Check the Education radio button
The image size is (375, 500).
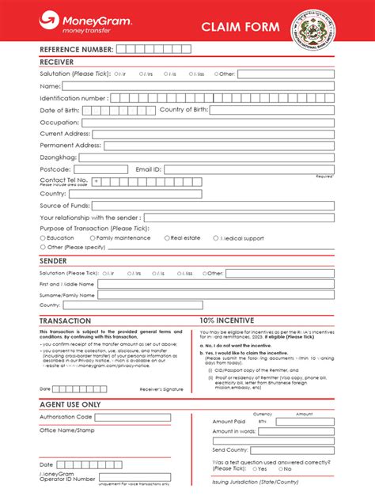(x=42, y=237)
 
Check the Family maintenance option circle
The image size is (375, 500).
(x=91, y=237)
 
